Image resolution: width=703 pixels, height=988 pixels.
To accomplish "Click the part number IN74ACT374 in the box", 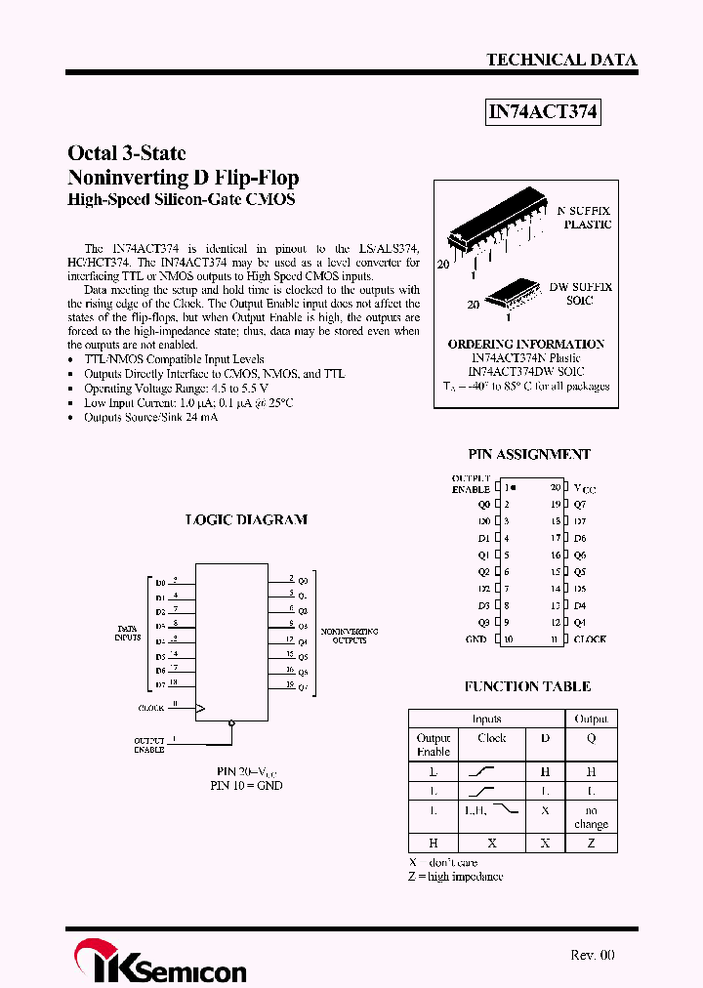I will pos(542,113).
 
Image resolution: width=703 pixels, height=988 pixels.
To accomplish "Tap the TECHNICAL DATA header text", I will pos(561,60).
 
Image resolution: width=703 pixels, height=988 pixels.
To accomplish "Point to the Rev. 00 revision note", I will pos(592,955).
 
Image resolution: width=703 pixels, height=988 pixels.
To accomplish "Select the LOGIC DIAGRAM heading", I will pos(246,519).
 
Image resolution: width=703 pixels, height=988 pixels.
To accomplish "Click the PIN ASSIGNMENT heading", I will pos(528,454).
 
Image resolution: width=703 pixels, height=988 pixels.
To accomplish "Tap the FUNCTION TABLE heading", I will pos(527,686).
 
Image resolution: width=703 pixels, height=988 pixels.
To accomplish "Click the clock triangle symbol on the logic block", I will pos(201,707).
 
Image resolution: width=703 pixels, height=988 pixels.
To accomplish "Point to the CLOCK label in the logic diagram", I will pos(151,707).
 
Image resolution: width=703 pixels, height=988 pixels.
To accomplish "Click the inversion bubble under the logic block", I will pos(231,723).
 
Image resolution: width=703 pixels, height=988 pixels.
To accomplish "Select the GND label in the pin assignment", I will pos(476,639).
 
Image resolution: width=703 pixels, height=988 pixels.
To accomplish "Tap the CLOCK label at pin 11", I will pos(590,639).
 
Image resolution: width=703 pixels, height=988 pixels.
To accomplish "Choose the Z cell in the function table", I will pos(591,843).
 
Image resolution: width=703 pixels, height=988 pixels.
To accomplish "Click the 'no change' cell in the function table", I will pos(591,817).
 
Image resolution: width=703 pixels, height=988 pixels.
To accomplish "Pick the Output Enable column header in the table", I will pos(434,745).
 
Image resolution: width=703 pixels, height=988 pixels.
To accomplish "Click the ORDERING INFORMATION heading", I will pos(526,344).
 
